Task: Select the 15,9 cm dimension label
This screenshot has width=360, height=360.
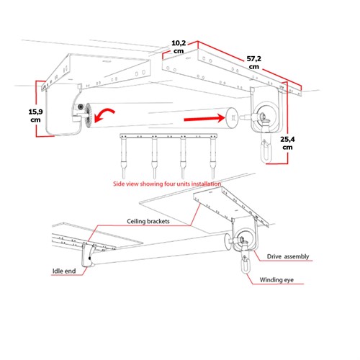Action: (34, 114)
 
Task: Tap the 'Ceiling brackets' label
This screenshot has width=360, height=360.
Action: (148, 221)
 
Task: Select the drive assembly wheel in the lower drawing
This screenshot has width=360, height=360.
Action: (243, 241)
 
